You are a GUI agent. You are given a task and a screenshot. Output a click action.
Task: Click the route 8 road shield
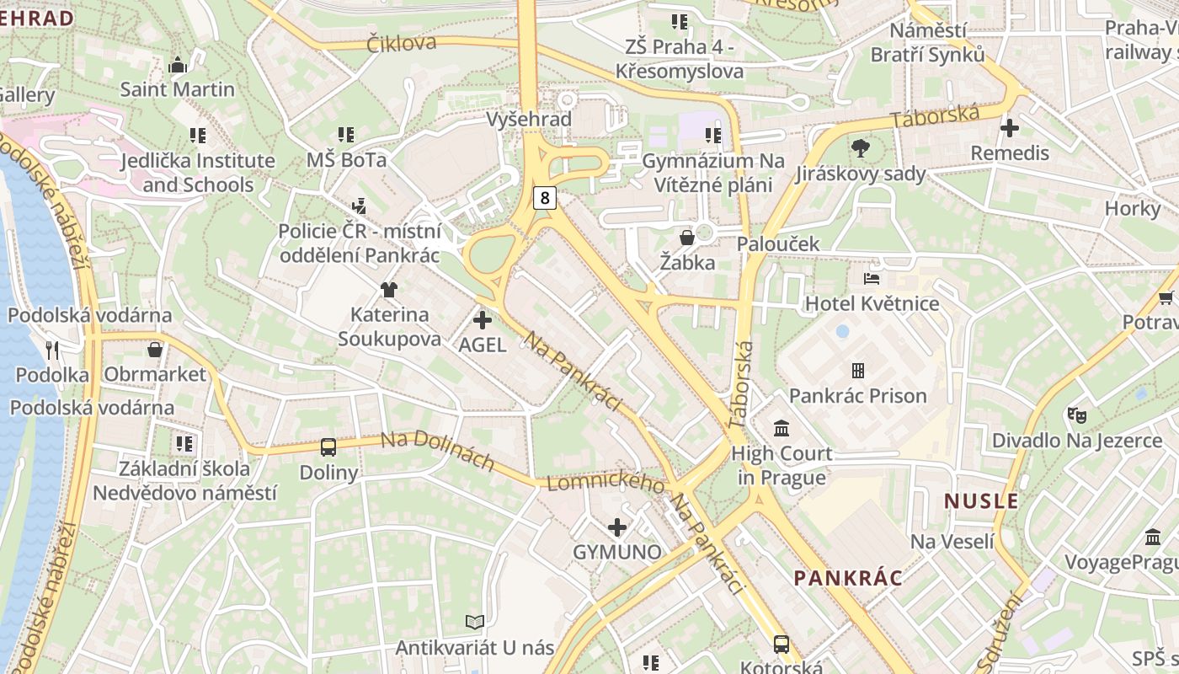(546, 198)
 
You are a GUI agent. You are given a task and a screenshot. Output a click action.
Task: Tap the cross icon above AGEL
(483, 320)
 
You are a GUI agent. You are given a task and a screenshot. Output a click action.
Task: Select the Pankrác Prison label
(857, 395)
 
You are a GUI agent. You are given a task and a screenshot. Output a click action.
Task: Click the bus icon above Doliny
(328, 447)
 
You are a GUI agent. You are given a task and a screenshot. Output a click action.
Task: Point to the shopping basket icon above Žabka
(687, 238)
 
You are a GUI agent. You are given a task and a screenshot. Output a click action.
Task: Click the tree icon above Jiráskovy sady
(860, 149)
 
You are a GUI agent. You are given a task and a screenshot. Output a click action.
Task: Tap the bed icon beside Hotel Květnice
(872, 278)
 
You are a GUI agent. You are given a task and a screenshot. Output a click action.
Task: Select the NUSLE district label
(981, 501)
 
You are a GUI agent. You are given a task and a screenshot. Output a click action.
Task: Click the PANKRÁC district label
(848, 578)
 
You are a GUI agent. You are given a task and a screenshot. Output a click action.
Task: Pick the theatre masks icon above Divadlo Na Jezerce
(1076, 415)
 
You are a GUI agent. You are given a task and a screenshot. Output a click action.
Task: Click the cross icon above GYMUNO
(617, 527)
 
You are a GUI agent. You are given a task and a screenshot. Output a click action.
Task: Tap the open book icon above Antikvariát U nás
(475, 622)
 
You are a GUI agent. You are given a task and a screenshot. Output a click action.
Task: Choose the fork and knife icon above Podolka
(52, 350)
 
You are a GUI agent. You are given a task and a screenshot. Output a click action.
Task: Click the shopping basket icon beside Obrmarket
(155, 349)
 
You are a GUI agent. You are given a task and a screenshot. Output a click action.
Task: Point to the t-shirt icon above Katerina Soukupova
(388, 290)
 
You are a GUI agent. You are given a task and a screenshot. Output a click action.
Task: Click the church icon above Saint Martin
(178, 64)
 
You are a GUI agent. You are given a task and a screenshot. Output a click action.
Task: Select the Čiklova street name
(402, 43)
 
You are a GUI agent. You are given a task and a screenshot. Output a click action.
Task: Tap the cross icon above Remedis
(1010, 128)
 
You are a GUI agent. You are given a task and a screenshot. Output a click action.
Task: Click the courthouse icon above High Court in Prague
(782, 428)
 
